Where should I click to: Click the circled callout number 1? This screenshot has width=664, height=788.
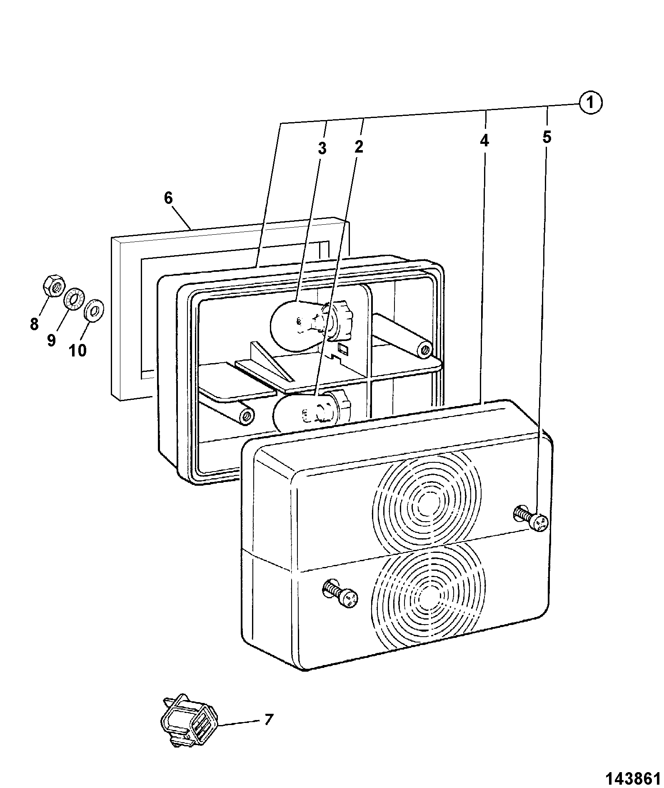(590, 103)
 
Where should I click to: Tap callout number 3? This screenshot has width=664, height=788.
(322, 148)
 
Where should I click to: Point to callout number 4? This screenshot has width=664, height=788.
(484, 141)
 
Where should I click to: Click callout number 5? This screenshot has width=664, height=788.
(547, 137)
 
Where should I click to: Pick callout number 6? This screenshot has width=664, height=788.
(168, 198)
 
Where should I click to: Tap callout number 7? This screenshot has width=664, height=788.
(269, 719)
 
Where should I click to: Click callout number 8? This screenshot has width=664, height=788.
(34, 324)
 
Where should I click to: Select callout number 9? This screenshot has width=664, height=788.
(51, 340)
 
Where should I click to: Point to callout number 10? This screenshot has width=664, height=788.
(77, 350)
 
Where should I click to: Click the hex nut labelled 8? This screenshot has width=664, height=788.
(54, 286)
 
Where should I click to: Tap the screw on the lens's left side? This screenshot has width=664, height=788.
(340, 595)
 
